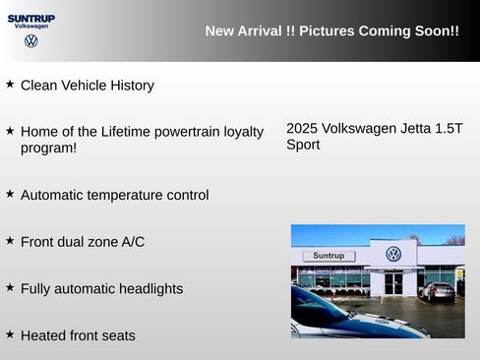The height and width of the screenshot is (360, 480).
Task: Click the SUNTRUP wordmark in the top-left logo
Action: coord(31,18)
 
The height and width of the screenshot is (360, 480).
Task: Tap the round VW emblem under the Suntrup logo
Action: coord(31,41)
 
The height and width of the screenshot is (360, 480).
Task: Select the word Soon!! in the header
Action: coord(434,31)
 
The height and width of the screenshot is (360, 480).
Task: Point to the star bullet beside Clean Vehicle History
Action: coord(10,85)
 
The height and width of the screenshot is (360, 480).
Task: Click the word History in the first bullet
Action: coord(132,86)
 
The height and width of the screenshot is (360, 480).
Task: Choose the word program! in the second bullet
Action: coord(48,149)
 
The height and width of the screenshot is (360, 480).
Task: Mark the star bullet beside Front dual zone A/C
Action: coord(10,240)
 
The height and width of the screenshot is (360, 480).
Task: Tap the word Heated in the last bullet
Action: coord(43,335)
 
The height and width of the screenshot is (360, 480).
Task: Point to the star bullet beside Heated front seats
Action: coord(10,334)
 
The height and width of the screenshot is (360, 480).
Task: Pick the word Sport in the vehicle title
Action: coord(303,145)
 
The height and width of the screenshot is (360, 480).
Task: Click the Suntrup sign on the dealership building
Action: coord(328,256)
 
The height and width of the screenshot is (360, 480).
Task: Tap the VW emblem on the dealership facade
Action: coord(393,254)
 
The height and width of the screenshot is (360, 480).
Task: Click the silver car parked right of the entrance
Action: coord(437,290)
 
